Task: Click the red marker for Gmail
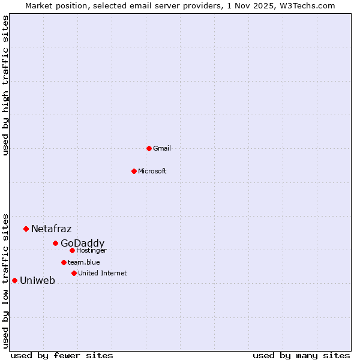coord(149,148)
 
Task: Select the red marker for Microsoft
coord(134,171)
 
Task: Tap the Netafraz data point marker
coord(26,229)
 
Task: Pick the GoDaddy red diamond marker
coord(55,243)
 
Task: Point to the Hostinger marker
coord(72,250)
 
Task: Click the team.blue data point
coord(64,262)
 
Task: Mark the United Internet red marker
coord(74,273)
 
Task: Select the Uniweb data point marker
coord(14,280)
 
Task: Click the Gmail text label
coord(162,149)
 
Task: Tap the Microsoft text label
coord(152,172)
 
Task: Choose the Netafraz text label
coord(51,229)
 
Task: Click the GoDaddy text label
coord(82,244)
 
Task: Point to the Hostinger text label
coord(91,251)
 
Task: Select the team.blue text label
coord(84,263)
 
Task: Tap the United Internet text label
coord(103,274)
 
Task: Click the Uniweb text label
coord(37,281)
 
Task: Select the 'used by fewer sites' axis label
coord(62,355)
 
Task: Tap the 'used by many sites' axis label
coord(301,355)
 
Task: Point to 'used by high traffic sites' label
coord(5,85)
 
